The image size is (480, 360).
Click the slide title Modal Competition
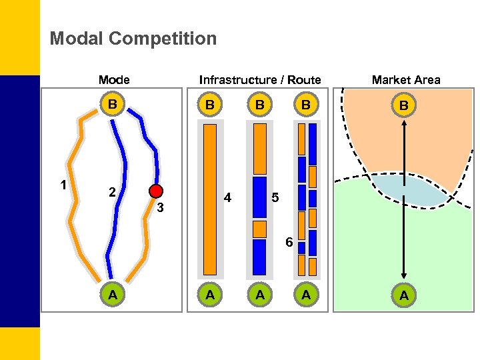point(133,39)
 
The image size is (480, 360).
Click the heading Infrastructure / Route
point(260,80)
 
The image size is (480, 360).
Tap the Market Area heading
point(405,80)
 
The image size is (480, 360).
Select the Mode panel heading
point(114,80)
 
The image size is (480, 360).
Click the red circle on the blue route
point(156,191)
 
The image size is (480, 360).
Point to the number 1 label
point(63,185)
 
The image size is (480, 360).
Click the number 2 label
point(113,193)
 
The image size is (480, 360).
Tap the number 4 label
point(228,198)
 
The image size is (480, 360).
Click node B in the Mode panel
point(113,105)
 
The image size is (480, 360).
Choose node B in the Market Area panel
point(403,106)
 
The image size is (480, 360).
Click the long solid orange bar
point(210,199)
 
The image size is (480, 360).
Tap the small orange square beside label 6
point(259,229)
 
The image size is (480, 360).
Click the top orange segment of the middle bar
point(259,149)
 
